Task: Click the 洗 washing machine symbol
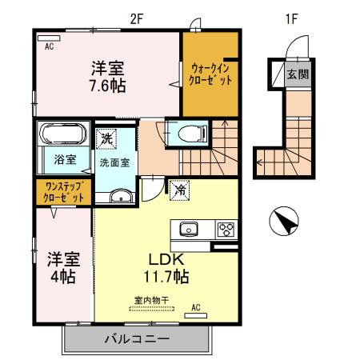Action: (107, 139)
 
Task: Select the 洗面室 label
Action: (115, 162)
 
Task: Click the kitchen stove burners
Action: (225, 229)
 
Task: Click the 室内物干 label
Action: (150, 300)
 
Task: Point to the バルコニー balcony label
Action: (137, 339)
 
